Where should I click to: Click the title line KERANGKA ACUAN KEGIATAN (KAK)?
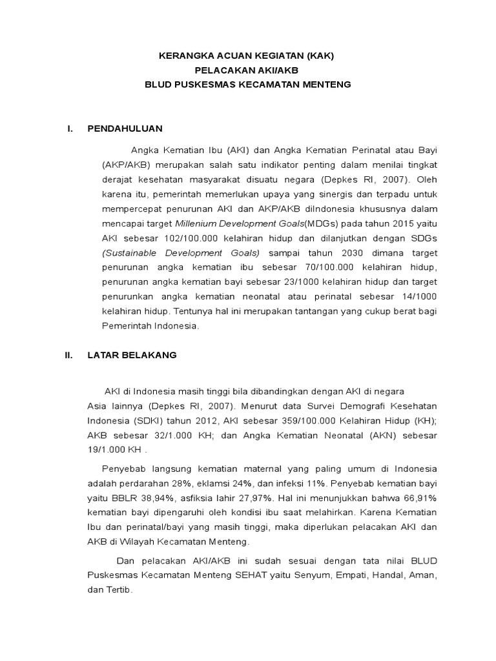[x=247, y=56]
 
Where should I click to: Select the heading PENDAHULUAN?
[x=125, y=128]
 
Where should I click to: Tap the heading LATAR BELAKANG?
[x=132, y=355]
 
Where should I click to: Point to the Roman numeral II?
[x=68, y=355]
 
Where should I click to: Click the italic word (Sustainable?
[x=132, y=253]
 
